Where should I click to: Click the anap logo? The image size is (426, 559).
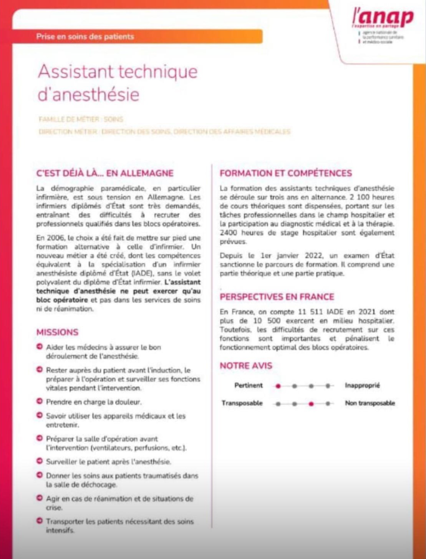383,19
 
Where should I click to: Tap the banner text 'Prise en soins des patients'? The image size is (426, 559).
85,37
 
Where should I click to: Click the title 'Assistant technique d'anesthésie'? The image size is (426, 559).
118,83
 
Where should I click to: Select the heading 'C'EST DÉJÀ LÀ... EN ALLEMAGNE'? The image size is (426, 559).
105,173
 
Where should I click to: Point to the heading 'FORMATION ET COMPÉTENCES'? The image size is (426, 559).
285,173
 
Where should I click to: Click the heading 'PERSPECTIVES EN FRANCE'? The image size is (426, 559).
277,297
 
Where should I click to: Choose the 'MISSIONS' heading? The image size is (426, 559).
57,332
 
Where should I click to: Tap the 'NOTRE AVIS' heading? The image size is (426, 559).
246,366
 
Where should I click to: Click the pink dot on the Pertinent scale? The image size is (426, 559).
278,386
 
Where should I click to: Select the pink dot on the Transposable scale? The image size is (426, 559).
311,404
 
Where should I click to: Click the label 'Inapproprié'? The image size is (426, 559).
362,386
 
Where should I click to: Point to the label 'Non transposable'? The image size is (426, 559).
370,403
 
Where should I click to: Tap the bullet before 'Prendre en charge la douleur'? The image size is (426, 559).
39,401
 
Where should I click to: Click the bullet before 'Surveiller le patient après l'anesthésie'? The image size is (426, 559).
39,461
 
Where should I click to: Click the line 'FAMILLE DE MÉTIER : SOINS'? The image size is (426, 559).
81,120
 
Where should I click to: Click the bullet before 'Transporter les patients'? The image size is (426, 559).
39,521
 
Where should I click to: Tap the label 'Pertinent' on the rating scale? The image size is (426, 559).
249,386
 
